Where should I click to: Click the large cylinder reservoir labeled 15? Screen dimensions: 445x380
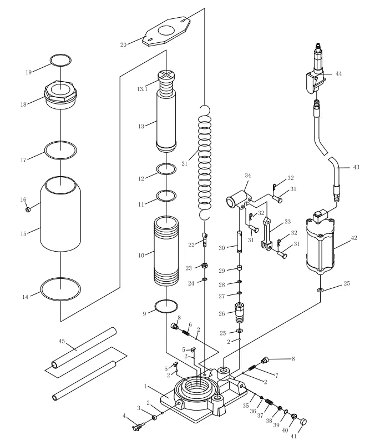click(60, 214)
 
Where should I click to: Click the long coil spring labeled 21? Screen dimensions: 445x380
click(205, 161)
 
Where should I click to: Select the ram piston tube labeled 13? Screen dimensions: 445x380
click(166, 122)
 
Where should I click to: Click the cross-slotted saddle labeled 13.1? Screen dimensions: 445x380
click(166, 77)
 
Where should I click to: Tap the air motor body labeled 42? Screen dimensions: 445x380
click(322, 244)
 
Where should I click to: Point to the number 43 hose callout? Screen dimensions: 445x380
click(356, 167)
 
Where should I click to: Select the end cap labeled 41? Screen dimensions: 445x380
click(305, 422)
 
